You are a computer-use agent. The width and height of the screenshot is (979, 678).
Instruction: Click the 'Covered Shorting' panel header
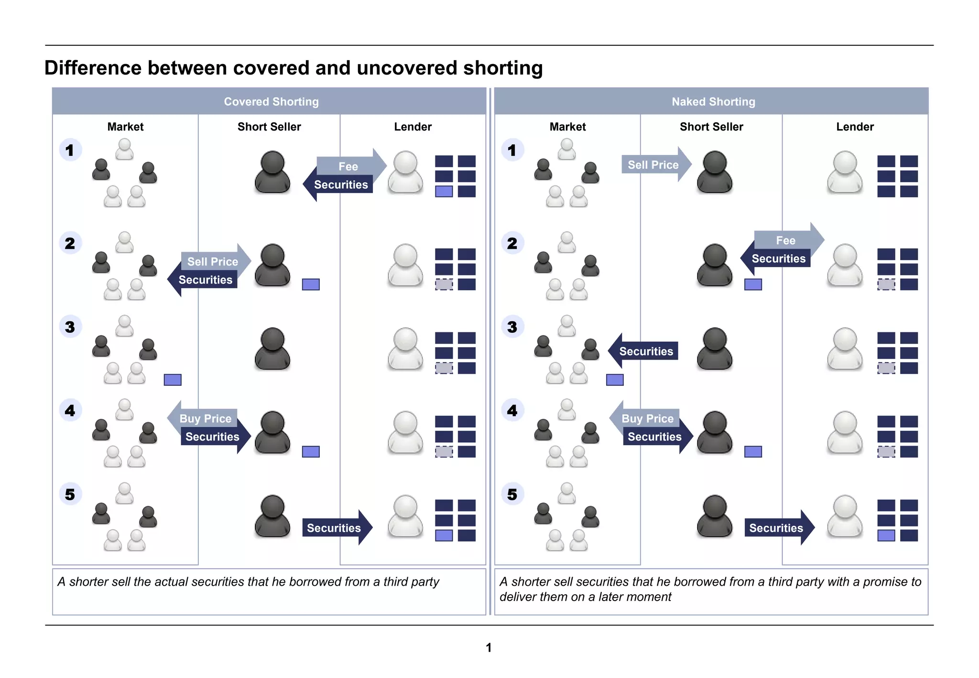click(271, 101)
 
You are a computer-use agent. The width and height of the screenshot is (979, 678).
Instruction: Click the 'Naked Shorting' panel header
click(713, 101)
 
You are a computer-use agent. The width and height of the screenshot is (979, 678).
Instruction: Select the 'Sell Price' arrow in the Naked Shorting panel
click(654, 165)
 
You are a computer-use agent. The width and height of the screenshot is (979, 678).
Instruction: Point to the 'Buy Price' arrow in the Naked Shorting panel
click(647, 418)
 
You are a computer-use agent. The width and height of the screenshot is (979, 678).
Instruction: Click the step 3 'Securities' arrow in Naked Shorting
click(645, 351)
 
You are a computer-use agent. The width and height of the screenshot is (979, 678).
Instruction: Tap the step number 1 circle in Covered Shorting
click(70, 150)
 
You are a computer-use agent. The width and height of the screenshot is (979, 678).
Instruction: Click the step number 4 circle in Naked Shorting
click(512, 410)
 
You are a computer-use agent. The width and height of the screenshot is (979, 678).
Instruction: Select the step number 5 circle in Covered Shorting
click(70, 494)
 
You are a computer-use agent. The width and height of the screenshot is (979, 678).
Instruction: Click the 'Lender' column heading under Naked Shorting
click(855, 127)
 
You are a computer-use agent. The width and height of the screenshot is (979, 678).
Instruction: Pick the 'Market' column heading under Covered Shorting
click(125, 127)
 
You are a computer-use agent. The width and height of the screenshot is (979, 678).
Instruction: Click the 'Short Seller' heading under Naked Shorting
click(711, 127)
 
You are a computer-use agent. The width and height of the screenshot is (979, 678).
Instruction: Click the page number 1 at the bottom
click(489, 647)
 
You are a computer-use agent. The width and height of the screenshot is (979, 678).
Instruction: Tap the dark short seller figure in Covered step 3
click(272, 349)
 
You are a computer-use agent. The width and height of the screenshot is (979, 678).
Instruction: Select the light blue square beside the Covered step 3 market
click(173, 380)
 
